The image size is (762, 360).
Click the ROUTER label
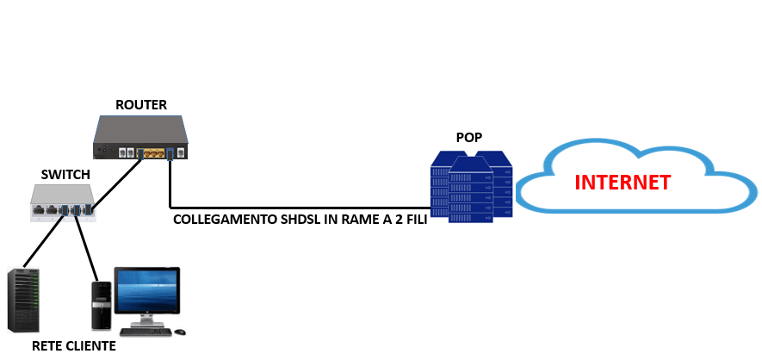(141, 105)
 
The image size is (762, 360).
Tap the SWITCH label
(65, 175)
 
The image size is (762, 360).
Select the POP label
(468, 138)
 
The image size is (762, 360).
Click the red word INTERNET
(622, 183)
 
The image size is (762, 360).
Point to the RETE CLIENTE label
(73, 346)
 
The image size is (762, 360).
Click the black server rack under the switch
(23, 301)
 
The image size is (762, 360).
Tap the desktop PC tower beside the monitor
(102, 305)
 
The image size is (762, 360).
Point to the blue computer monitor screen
(147, 292)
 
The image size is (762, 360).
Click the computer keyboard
(146, 331)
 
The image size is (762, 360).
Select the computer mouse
(180, 331)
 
